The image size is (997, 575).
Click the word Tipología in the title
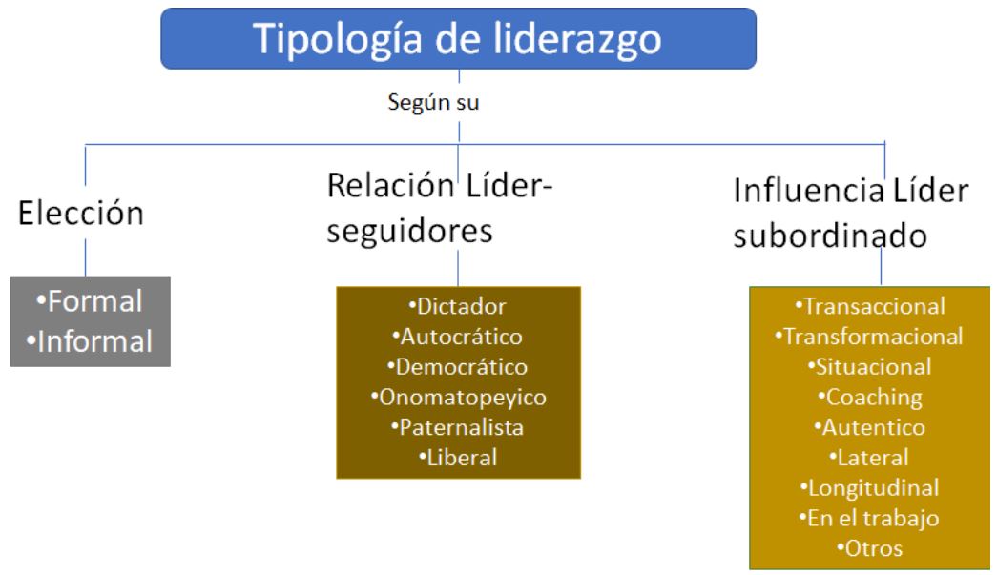click(x=337, y=39)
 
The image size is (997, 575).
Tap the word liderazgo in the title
click(x=576, y=39)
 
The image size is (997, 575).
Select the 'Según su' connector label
click(x=434, y=102)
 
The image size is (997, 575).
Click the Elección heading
click(x=81, y=213)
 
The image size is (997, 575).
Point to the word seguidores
click(x=409, y=231)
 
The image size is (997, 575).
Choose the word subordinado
click(x=830, y=236)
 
